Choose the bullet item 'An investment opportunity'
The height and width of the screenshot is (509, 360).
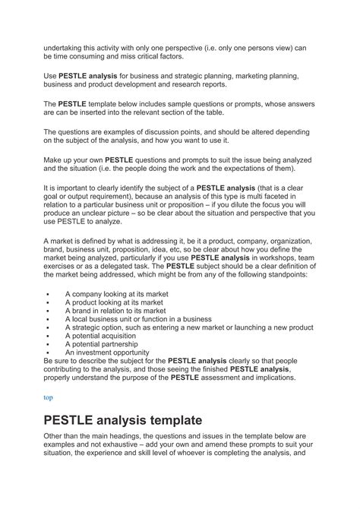point(107,353)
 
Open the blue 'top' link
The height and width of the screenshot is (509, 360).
point(48,397)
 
